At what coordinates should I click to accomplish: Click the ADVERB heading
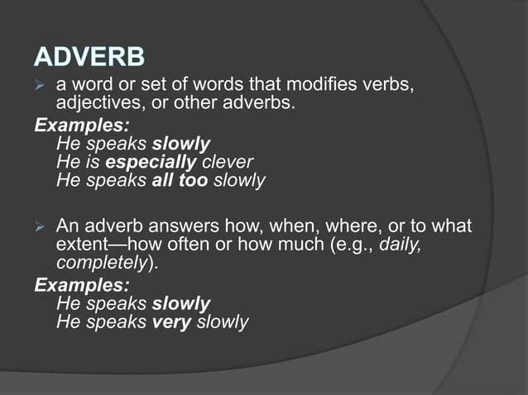click(89, 57)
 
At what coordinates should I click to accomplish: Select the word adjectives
click(99, 104)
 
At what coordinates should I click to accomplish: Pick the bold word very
click(172, 321)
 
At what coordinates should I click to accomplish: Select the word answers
click(181, 226)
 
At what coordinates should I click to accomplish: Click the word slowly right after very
click(222, 321)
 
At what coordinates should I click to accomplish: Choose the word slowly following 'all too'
click(238, 180)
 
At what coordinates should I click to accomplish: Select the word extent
click(83, 245)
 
